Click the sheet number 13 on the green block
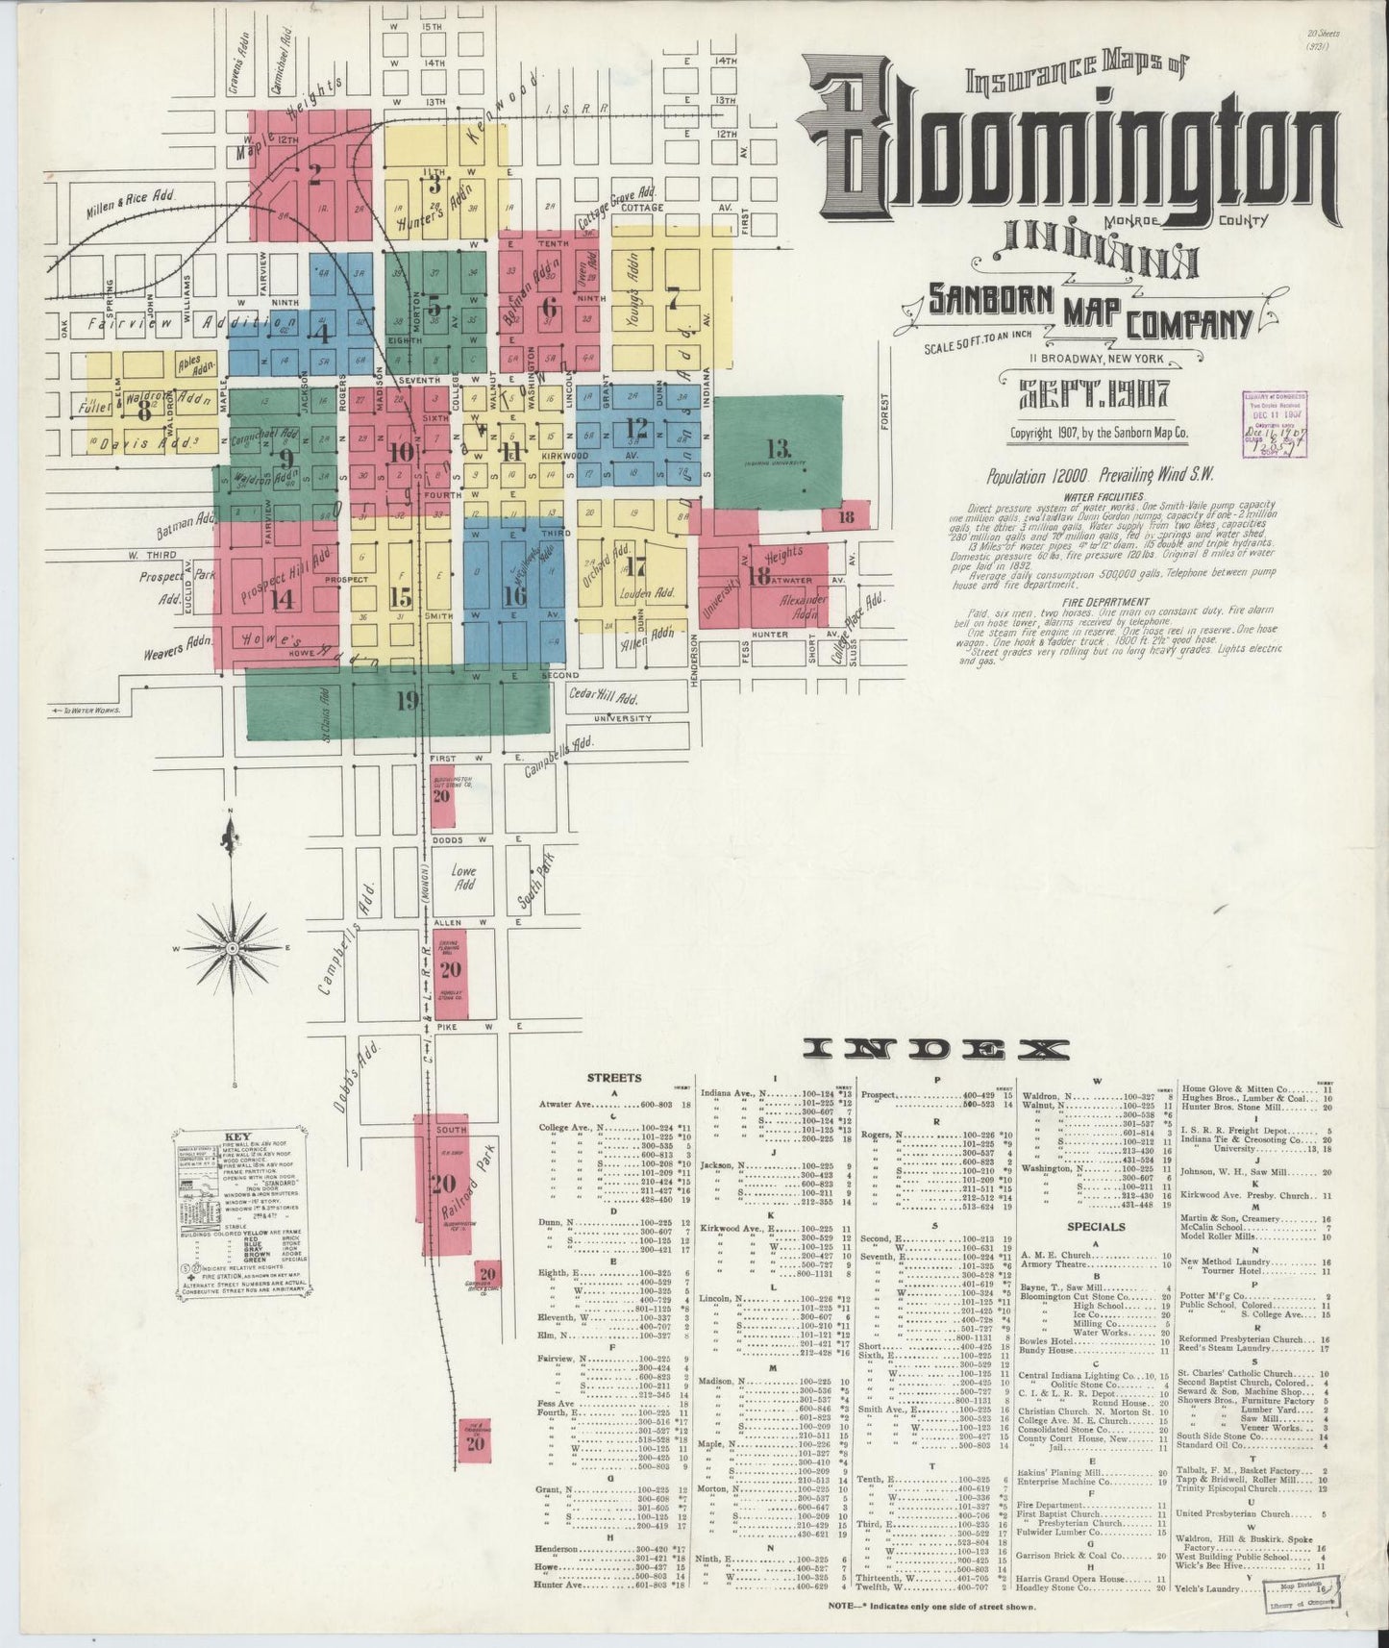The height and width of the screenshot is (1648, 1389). point(778,448)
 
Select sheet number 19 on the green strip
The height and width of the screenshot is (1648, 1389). point(408,700)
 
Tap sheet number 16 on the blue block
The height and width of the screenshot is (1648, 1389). point(514,596)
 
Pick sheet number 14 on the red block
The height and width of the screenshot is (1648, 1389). point(282,598)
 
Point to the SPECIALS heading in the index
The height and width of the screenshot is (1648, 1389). point(1096,1227)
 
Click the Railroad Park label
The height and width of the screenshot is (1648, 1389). point(464,1183)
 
